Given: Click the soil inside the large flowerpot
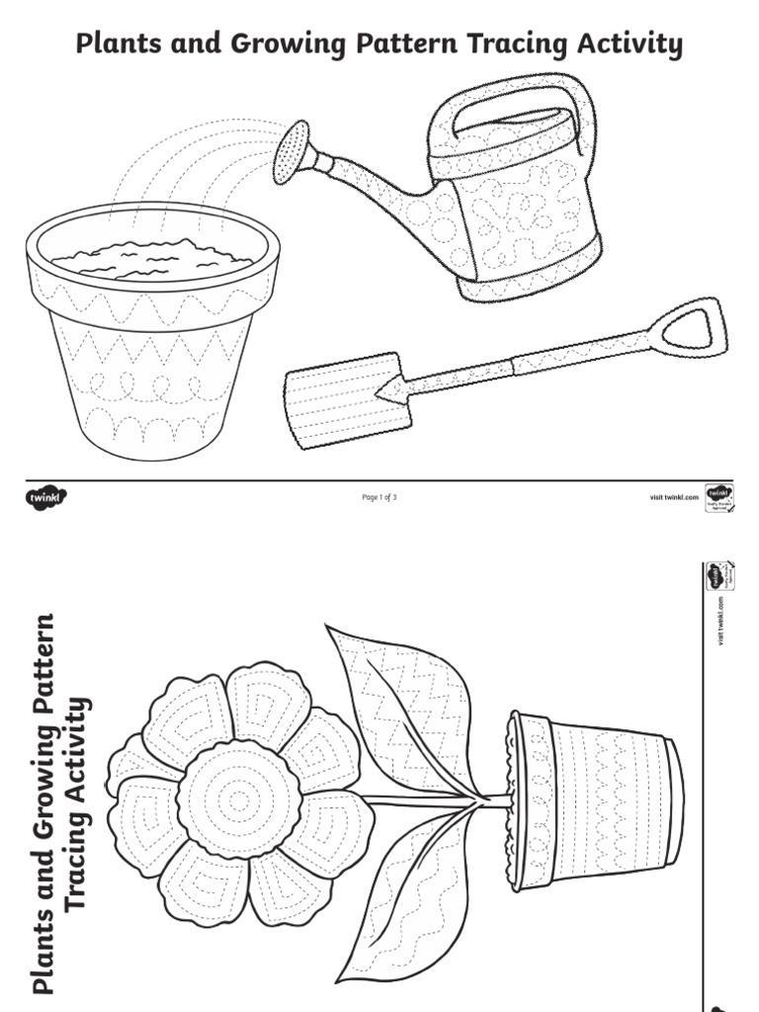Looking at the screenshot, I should (x=152, y=259).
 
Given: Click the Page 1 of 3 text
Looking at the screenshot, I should (x=379, y=497).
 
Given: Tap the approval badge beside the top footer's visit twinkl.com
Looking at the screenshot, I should (x=717, y=497).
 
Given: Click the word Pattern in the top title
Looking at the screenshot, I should (x=407, y=44).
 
